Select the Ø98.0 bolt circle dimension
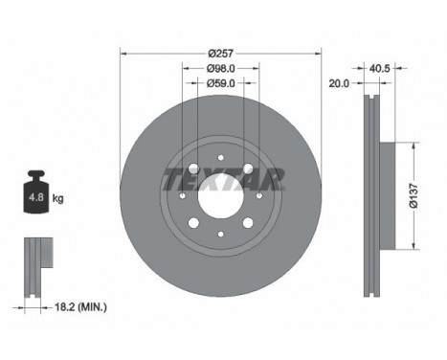[x=221, y=68]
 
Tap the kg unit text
[x=58, y=199]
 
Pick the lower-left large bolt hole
[x=195, y=222]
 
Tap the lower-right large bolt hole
[x=247, y=222]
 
